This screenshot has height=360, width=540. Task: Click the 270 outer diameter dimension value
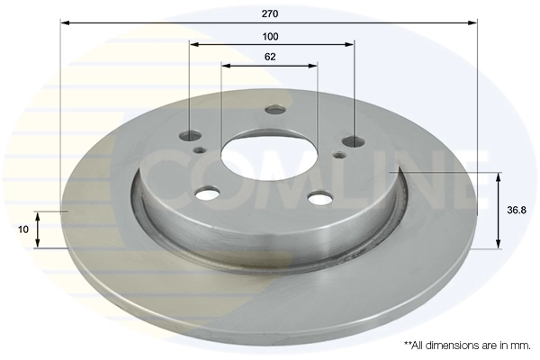pos(270,14)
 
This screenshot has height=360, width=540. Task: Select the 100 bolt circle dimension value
pos(270,36)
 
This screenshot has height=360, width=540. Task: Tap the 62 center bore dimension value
pos(270,57)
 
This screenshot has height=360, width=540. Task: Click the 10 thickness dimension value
pos(23,229)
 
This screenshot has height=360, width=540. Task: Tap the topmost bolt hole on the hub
pos(275,111)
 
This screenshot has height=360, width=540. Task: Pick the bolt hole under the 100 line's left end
pos(190,137)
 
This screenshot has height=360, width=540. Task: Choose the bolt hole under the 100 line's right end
pos(353,140)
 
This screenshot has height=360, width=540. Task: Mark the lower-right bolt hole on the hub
pos(319,197)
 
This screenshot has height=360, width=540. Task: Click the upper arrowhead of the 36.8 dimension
pos(498,176)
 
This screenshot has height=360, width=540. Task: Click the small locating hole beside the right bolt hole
pos(338,155)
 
